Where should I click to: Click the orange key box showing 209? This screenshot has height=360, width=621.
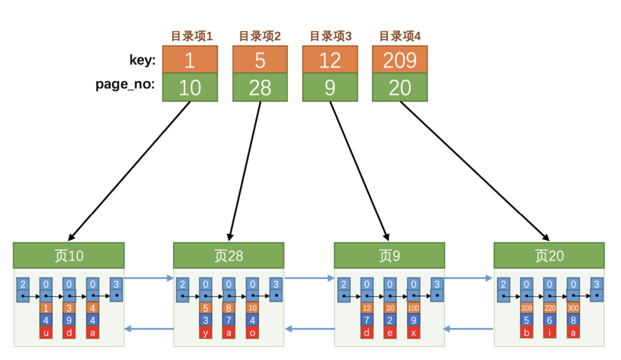tap(400, 60)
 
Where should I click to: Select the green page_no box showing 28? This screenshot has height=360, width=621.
tap(260, 88)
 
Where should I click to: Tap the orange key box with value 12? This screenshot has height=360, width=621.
tap(330, 60)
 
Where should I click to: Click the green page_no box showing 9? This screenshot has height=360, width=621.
tap(330, 88)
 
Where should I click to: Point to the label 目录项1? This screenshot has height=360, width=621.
tap(192, 36)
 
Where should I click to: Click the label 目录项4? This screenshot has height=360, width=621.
tap(400, 36)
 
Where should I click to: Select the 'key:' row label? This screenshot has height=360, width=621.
tap(142, 60)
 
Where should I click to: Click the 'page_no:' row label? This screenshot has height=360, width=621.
tap(125, 84)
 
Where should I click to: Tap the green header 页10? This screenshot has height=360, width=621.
tap(69, 256)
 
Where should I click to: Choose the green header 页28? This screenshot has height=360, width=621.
tap(228, 256)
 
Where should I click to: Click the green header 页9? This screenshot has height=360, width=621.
tap(389, 256)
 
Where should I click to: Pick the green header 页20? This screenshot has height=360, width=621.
tap(549, 256)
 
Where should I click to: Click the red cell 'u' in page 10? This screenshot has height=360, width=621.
tap(46, 333)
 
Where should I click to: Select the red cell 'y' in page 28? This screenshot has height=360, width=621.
tap(205, 333)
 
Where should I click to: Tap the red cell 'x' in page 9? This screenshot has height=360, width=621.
tap(414, 333)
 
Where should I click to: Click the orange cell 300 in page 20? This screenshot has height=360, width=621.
tap(573, 308)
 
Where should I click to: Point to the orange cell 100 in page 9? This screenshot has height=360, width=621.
tap(414, 308)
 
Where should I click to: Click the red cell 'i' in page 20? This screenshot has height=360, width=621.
tap(550, 333)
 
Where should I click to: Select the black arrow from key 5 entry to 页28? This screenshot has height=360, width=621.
tap(245, 171)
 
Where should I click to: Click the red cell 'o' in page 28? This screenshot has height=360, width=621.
tap(252, 333)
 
